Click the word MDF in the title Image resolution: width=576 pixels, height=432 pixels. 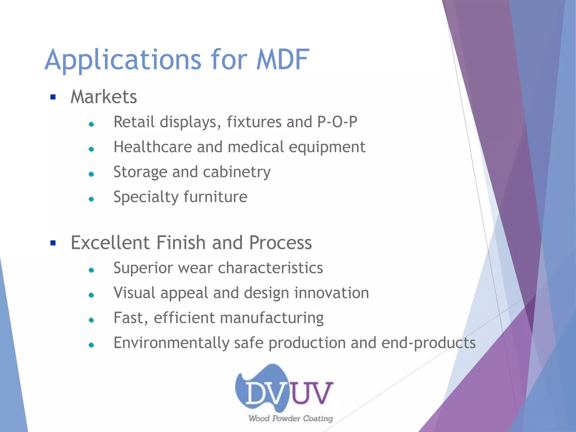coord(282,60)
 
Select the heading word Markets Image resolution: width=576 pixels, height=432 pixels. coord(103,97)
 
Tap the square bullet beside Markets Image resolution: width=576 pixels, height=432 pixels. coord(53,97)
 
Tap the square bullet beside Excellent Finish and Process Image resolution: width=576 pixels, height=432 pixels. coord(53,243)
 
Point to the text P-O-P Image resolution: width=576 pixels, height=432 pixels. coord(337,122)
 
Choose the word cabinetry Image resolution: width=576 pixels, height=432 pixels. coord(237,172)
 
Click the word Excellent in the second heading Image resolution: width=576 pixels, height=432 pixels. coord(110,243)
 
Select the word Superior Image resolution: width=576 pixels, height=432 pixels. coord(143,268)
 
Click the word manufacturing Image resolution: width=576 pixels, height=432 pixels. coord(272,318)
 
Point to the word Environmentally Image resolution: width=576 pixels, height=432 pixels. coord(172,343)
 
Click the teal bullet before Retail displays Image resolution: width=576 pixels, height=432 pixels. coord(91,124)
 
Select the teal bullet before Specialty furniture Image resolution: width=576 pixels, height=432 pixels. coord(91,199)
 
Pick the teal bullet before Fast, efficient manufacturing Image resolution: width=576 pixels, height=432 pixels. coord(91,320)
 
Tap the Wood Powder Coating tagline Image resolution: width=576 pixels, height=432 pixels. coord(291,418)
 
